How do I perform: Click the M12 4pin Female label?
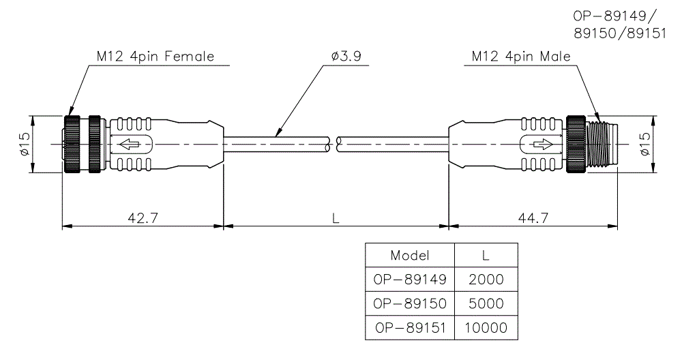(155, 57)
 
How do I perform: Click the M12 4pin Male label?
(521, 57)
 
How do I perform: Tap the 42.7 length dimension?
(143, 217)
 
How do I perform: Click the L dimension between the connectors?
(336, 218)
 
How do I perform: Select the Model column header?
(410, 256)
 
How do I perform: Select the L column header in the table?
(485, 256)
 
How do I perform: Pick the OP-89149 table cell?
(410, 279)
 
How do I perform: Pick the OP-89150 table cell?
(410, 303)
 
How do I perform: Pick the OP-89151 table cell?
(410, 328)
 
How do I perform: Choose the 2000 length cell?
(485, 279)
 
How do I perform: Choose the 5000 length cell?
(485, 303)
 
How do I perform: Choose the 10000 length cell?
(485, 328)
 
